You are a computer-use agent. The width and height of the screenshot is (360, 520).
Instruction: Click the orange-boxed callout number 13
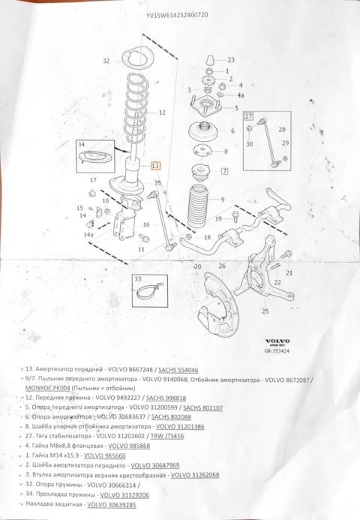pos(155,165)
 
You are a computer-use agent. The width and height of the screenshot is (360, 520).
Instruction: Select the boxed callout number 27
pos(249,118)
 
